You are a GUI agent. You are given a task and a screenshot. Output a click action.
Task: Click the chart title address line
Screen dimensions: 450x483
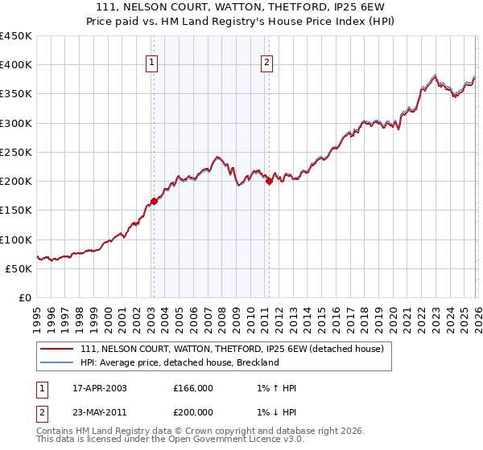pyautogui.click(x=242, y=7)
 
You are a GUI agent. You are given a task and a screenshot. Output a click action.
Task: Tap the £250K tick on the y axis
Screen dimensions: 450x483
pyautogui.click(x=16, y=152)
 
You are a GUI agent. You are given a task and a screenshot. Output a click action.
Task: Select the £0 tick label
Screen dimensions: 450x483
pyautogui.click(x=24, y=297)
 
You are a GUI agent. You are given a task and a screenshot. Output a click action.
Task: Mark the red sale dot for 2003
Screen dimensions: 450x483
pyautogui.click(x=154, y=202)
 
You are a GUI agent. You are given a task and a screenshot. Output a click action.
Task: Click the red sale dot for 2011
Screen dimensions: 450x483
pyautogui.click(x=269, y=182)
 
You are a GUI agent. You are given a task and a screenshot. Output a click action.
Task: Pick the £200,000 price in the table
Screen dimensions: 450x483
pyautogui.click(x=193, y=411)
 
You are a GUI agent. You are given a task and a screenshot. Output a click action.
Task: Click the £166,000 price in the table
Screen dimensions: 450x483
pyautogui.click(x=193, y=388)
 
